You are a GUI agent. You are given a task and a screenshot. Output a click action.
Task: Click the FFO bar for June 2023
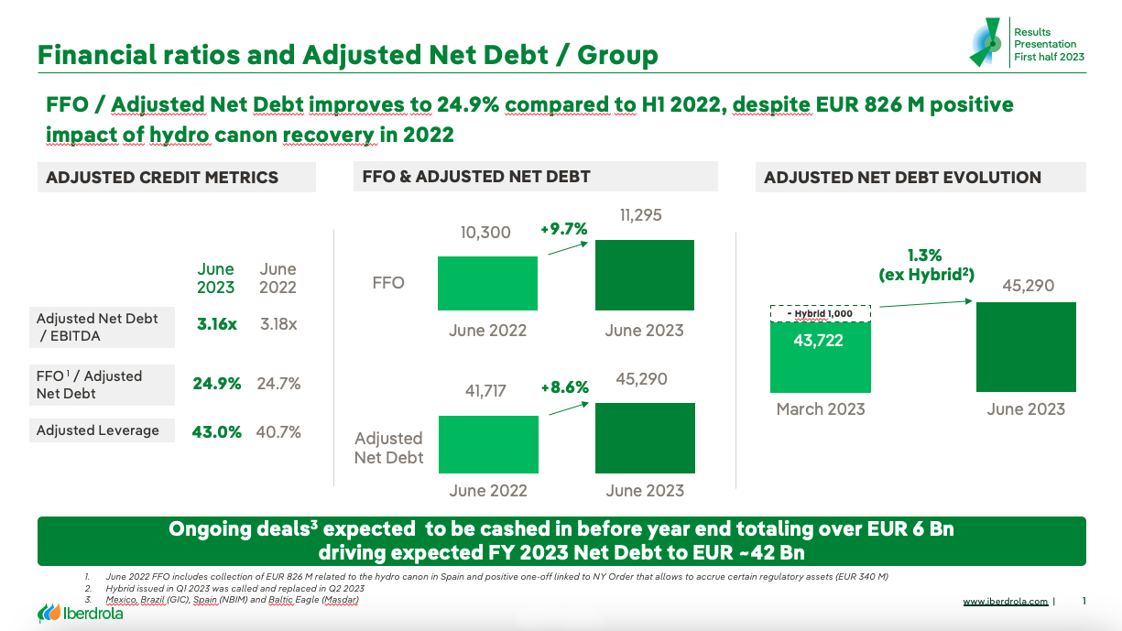(645, 276)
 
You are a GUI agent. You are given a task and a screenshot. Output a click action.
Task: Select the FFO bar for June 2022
(487, 283)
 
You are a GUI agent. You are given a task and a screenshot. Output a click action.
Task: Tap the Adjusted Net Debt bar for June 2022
(488, 444)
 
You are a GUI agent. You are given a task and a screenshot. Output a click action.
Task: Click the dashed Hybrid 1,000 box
(820, 313)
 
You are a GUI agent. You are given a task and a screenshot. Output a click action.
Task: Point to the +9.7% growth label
(563, 229)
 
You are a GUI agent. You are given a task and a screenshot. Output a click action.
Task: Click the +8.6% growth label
(564, 387)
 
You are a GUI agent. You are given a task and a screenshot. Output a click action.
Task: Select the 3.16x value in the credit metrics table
(216, 324)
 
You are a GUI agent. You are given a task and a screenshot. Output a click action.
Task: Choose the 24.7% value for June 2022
(278, 384)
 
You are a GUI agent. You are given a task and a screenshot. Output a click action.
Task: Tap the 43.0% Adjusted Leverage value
(216, 431)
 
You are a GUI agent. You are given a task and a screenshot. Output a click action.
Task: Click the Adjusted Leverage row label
(98, 430)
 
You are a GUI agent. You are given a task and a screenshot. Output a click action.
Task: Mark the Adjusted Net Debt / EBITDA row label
(97, 327)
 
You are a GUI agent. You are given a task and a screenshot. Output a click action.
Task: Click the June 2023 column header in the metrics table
(216, 277)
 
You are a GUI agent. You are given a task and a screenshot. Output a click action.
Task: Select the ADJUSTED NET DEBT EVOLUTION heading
(902, 178)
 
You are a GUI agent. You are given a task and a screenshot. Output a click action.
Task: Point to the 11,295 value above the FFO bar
(640, 215)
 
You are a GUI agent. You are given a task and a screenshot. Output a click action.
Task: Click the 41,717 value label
(485, 391)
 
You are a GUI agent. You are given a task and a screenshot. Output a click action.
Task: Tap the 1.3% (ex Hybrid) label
(924, 265)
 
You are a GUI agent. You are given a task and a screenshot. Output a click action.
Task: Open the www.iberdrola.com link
(1005, 602)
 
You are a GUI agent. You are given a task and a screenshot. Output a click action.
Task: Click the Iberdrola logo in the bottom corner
(80, 613)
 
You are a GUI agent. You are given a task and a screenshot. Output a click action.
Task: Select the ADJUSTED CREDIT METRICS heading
(162, 178)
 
